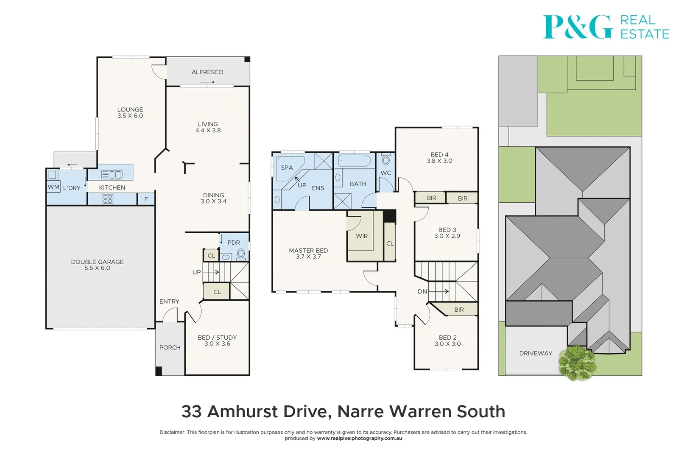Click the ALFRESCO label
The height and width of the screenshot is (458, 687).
[207, 72]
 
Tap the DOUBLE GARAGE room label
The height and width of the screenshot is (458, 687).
[97, 262]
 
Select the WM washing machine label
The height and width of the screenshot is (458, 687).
[53, 187]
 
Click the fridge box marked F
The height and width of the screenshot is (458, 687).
[146, 199]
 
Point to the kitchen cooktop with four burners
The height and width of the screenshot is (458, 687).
[108, 199]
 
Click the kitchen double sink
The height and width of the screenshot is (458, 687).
[112, 174]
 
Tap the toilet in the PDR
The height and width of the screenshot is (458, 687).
[241, 254]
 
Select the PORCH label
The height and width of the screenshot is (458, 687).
[170, 347]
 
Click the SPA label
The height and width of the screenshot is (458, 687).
[287, 168]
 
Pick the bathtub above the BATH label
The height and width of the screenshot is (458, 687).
[355, 161]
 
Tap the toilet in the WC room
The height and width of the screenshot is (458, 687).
[385, 160]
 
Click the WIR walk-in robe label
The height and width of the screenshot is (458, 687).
[362, 236]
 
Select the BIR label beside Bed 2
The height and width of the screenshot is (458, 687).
[459, 310]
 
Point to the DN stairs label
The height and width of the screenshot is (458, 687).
[422, 291]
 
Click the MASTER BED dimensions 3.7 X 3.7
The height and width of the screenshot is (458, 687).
[308, 257]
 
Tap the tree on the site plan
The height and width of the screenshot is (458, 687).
[577, 363]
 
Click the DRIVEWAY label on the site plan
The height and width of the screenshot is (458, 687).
[536, 353]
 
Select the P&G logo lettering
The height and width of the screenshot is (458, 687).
[578, 27]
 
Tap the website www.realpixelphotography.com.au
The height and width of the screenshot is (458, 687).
[359, 438]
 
